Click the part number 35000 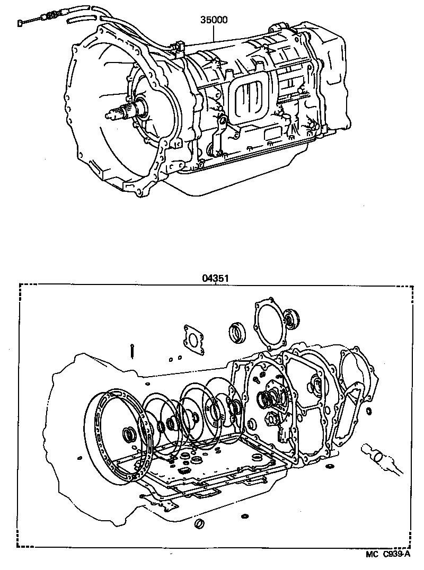pyautogui.click(x=214, y=21)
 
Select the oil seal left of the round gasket pyautogui.click(x=237, y=332)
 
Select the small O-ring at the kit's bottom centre pyautogui.click(x=200, y=524)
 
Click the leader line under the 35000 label pyautogui.click(x=214, y=34)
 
